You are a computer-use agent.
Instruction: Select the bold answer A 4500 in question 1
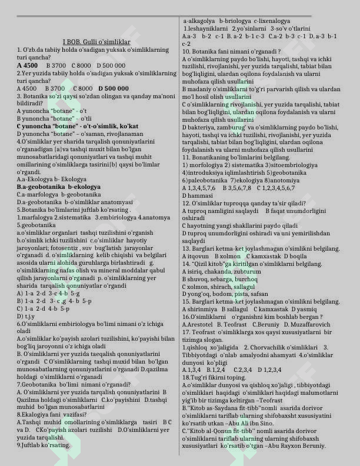pos(28,65)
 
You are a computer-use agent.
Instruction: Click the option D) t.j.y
pos(25,317)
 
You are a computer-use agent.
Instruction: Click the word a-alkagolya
pos(199,21)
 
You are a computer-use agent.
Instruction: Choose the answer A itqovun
pos(196,257)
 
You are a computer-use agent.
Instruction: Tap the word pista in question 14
pos(242,294)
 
